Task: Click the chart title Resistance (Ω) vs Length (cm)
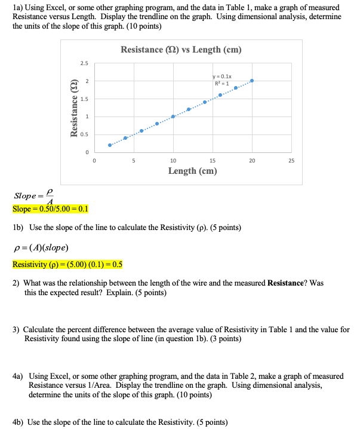pyautogui.click(x=181, y=50)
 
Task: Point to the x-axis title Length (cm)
pyautogui.click(x=192, y=171)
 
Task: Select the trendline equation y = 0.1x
pyautogui.click(x=222, y=76)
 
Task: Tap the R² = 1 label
pyautogui.click(x=221, y=82)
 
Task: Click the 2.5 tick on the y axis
pyautogui.click(x=85, y=63)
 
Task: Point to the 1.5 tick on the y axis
pyautogui.click(x=85, y=99)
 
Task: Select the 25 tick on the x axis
pyautogui.click(x=291, y=160)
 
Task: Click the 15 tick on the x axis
pyautogui.click(x=212, y=160)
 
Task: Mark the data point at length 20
pyautogui.click(x=251, y=80)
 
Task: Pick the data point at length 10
pyautogui.click(x=173, y=117)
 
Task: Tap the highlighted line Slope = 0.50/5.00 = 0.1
pyautogui.click(x=50, y=209)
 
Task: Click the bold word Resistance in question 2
pyautogui.click(x=288, y=283)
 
